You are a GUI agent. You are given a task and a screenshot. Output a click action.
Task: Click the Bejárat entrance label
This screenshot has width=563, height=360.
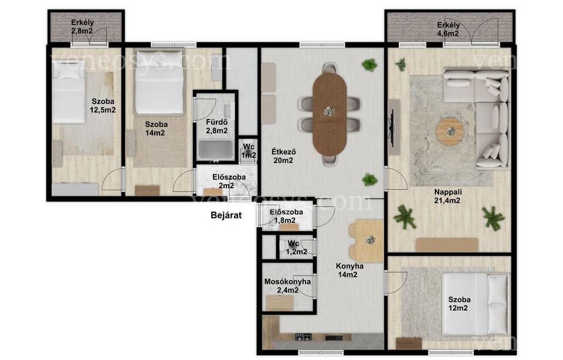(226, 215)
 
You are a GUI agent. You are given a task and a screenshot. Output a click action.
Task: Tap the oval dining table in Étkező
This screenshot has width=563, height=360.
(330, 114)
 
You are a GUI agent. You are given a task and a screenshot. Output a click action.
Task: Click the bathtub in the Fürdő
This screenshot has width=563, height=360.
(215, 150)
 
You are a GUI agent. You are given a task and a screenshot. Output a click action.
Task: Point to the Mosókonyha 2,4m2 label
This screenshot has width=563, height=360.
(287, 286)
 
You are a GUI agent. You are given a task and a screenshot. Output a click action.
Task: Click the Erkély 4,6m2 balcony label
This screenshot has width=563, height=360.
(448, 29)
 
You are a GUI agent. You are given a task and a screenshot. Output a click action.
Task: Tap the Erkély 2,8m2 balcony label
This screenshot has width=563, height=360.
(82, 26)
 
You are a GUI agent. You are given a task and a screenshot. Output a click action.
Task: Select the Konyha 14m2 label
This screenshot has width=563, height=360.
(350, 270)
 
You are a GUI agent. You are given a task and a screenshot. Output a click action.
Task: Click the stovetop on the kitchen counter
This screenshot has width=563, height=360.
(303, 337)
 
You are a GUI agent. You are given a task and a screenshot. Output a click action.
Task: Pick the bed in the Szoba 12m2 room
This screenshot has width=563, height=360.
(475, 304)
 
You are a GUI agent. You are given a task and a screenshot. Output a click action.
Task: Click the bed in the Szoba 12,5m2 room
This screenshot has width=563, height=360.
(69, 91)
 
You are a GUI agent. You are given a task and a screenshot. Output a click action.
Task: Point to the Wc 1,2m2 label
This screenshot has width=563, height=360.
(297, 247)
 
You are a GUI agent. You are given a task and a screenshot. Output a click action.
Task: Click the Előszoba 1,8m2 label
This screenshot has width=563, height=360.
(286, 216)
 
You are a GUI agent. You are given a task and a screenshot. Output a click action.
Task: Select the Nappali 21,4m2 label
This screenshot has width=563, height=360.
(447, 196)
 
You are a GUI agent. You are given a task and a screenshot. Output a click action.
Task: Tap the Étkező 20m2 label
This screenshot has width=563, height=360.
(283, 156)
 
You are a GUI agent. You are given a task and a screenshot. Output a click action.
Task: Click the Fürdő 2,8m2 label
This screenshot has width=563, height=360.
(216, 126)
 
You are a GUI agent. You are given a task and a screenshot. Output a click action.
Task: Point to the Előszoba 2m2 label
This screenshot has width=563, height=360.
(229, 181)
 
